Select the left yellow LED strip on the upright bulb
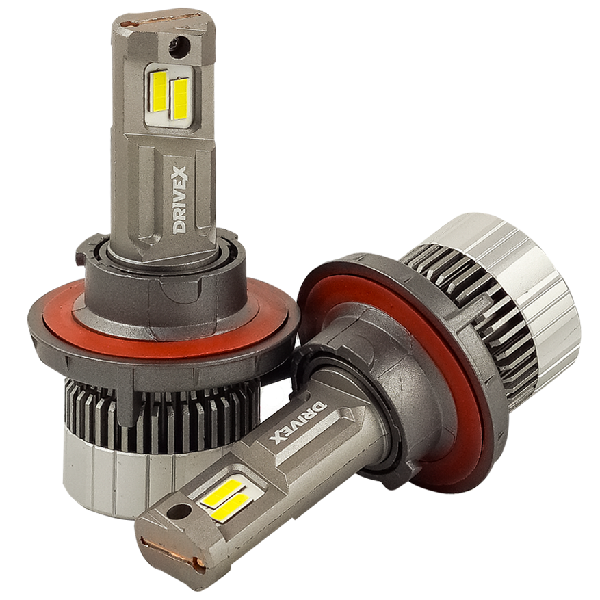coord(159,91)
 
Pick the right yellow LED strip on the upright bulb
coord(180,97)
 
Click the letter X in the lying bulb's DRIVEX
coord(278,435)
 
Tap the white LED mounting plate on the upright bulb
coord(170,96)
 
